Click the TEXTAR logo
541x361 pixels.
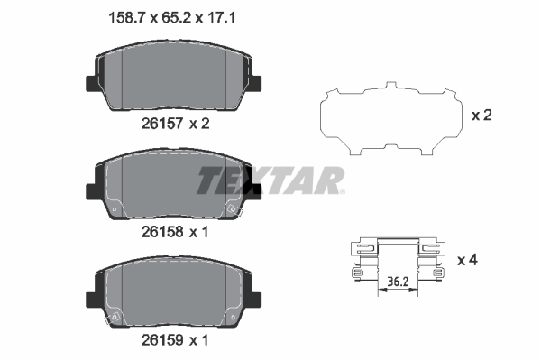tap(270, 180)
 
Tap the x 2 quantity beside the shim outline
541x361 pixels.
tap(483, 116)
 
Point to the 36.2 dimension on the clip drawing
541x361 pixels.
tap(395, 281)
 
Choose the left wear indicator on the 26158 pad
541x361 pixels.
tap(114, 209)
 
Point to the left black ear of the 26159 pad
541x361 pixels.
tap(90, 299)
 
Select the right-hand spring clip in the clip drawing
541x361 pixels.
tap(435, 261)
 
